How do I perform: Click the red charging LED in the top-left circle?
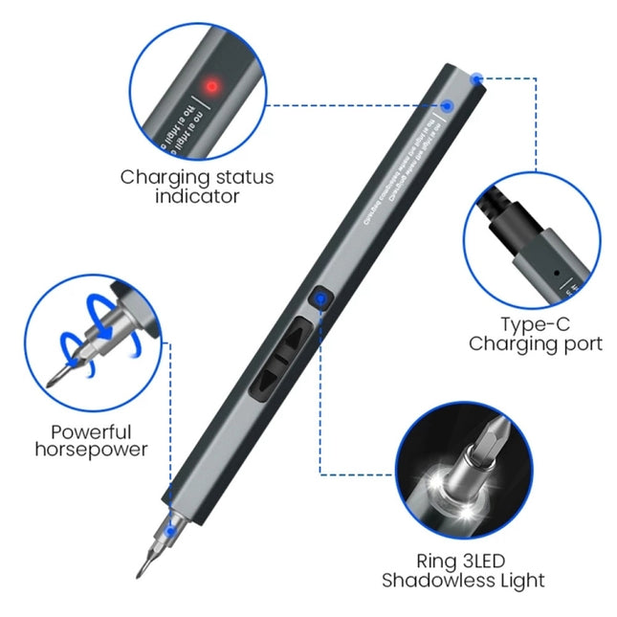point(212,86)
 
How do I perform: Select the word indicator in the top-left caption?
point(197,196)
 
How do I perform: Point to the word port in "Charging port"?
point(582,344)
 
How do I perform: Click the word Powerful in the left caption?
point(92,431)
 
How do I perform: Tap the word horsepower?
point(92,450)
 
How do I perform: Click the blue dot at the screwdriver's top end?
point(476,77)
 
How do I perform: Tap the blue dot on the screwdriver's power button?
point(320,299)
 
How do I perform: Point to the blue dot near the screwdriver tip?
point(170,527)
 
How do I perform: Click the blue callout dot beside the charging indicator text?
point(447,106)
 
